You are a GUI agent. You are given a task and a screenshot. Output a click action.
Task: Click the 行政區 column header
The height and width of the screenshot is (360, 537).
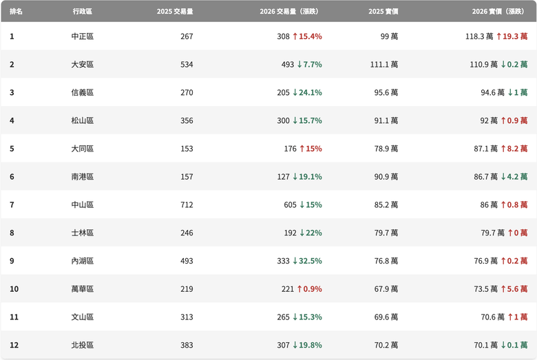(82, 11)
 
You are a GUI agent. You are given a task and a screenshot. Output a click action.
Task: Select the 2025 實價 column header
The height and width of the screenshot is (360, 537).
(383, 11)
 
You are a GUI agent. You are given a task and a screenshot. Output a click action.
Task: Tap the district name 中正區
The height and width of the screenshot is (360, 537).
(82, 36)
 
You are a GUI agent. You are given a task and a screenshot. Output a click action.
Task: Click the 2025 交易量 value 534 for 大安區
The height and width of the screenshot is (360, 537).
(187, 65)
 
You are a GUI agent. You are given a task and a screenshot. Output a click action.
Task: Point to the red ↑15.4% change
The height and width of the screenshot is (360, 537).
(307, 36)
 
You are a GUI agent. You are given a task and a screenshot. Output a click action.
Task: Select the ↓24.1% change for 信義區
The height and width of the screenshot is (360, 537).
(307, 92)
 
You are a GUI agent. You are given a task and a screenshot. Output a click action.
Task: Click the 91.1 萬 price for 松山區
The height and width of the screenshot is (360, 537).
(386, 120)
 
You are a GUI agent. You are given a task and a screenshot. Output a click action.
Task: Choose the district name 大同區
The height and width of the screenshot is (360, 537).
(82, 149)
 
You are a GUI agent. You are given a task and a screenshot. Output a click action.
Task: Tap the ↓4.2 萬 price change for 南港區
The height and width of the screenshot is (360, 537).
(514, 177)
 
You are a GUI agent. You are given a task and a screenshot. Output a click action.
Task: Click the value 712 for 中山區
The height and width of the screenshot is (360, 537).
(187, 205)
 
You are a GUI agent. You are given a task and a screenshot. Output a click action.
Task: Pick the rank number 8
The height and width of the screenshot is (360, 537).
(12, 233)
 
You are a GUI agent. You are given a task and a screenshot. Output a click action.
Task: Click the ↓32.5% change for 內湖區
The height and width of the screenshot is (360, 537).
(307, 261)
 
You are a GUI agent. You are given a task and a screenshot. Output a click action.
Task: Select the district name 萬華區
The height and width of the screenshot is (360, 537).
(82, 289)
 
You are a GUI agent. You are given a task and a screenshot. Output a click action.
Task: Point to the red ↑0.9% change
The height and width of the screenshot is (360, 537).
(310, 289)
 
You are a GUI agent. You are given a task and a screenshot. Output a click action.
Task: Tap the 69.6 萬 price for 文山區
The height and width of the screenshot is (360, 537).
(386, 317)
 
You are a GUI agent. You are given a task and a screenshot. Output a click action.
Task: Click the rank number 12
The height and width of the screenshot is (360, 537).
(14, 346)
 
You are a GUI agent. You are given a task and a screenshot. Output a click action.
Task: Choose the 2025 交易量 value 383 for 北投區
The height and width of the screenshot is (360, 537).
(187, 346)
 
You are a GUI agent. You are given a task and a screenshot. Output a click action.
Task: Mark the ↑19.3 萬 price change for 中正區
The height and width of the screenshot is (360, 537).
(512, 36)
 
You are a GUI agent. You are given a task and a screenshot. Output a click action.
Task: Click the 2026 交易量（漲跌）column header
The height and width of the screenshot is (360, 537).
(289, 11)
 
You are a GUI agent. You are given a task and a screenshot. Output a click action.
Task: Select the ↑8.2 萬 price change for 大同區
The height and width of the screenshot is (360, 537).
(514, 149)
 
